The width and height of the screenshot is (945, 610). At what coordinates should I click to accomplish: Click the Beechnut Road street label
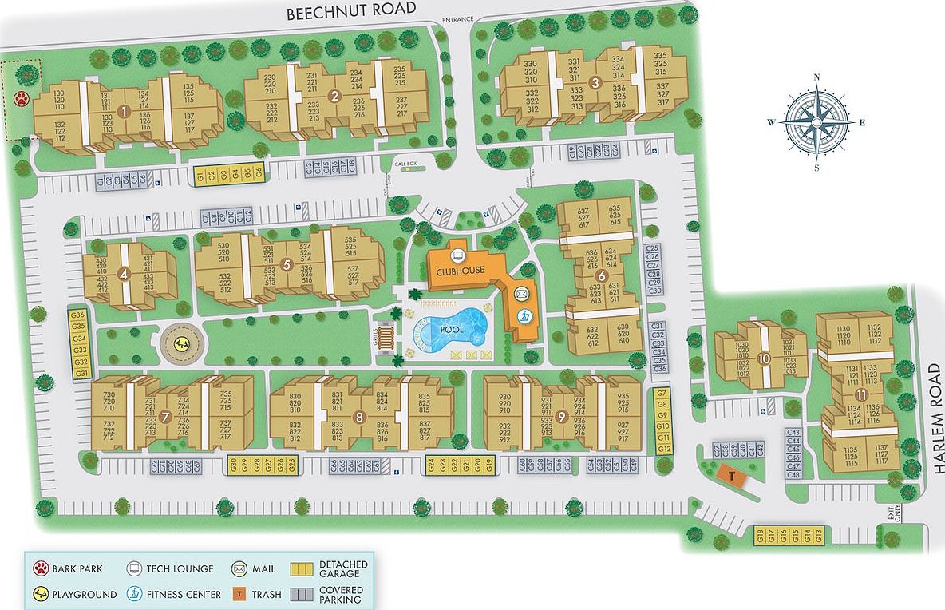(351, 9)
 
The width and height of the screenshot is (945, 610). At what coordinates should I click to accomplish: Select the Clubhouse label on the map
(461, 271)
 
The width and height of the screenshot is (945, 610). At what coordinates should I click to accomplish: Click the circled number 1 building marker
(124, 112)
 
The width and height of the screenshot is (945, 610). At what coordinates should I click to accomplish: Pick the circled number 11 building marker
(861, 395)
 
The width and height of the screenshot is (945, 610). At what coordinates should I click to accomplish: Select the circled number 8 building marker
(359, 417)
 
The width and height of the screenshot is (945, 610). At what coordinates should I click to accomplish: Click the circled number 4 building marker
(123, 275)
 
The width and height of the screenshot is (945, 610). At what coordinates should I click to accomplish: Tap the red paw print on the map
(22, 99)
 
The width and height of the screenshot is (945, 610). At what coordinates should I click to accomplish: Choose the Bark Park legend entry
(67, 569)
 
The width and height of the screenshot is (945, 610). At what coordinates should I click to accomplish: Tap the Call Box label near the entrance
(405, 164)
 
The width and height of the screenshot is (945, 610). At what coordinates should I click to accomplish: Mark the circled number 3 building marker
(595, 82)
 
